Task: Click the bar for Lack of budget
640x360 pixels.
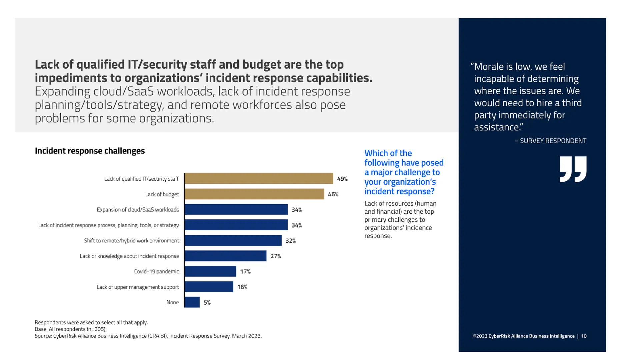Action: coord(254,194)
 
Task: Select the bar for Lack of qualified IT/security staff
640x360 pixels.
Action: coord(259,178)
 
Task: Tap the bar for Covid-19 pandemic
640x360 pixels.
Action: coord(210,271)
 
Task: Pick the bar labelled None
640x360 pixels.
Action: coord(192,302)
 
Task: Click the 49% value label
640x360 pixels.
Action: coord(342,179)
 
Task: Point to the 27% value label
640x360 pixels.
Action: coord(275,256)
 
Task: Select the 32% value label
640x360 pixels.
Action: coord(290,241)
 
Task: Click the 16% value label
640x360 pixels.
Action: coord(242,287)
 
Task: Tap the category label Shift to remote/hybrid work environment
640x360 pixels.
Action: coord(131,241)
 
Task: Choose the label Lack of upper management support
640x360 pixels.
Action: coord(138,287)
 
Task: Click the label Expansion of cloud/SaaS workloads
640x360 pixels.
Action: coord(138,210)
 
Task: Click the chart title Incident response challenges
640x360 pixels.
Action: coord(90,151)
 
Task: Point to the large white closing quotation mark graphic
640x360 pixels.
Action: coord(573,169)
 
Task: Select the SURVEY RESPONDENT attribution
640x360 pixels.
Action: coord(553,141)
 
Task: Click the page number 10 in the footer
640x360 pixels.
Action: coord(584,336)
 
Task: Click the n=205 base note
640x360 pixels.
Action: coord(97,329)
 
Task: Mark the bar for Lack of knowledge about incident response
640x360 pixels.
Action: coord(225,256)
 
